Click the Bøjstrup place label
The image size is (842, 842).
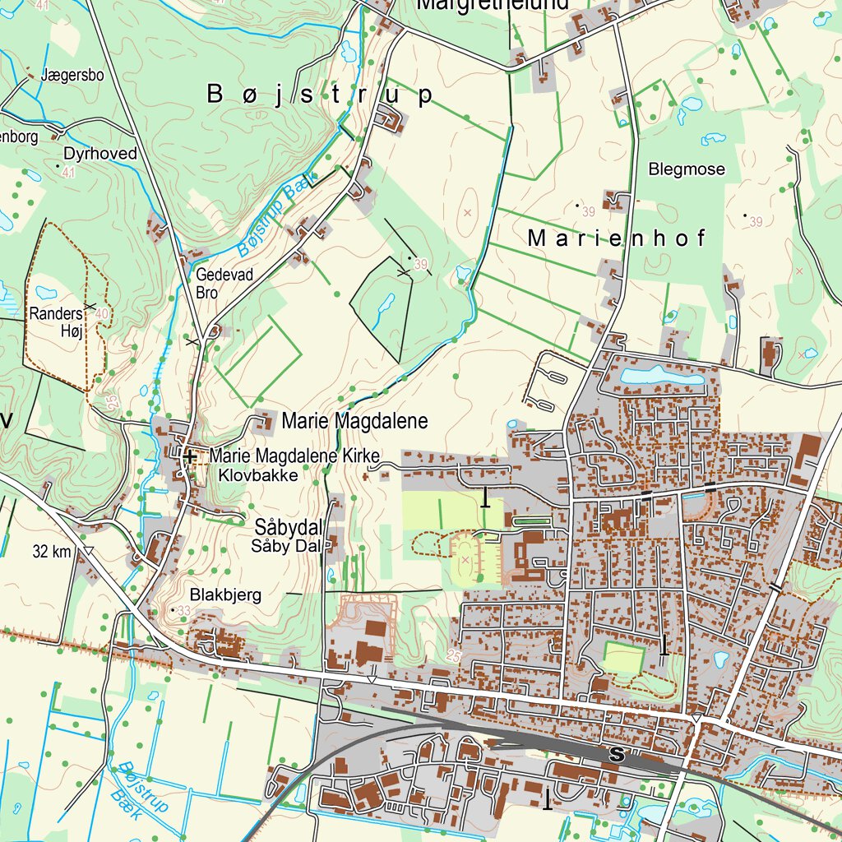[319, 95]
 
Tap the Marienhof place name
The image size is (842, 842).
[617, 238]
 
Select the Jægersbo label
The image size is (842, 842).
[72, 76]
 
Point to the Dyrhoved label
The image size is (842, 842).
[99, 154]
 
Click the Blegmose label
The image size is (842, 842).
[687, 169]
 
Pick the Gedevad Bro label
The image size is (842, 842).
[224, 283]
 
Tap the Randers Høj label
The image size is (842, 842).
[57, 322]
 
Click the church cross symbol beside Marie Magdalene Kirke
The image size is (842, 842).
[190, 456]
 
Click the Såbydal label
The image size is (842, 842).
[288, 527]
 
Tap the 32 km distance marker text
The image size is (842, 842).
[52, 552]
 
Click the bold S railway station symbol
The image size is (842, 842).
[615, 754]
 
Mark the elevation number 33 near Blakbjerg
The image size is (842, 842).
[183, 610]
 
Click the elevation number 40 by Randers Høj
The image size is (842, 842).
[101, 313]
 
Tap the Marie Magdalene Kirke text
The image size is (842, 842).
[294, 456]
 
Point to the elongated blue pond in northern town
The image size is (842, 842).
[662, 377]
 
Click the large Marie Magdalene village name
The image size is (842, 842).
[354, 422]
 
